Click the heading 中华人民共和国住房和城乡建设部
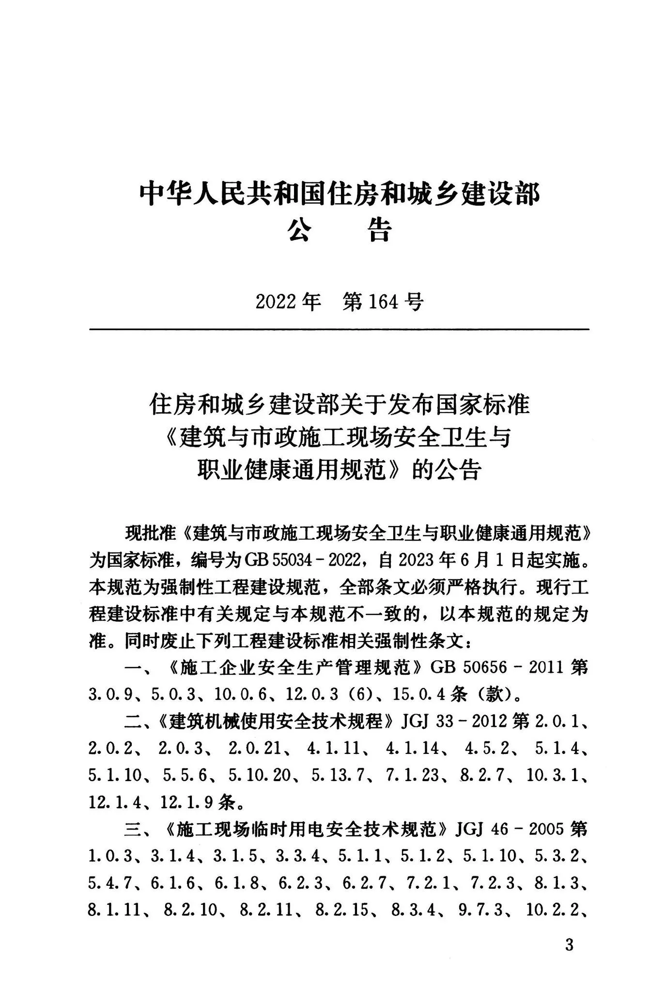(x=339, y=193)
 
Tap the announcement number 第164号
(x=383, y=302)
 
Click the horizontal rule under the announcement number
(x=339, y=330)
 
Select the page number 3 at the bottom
(x=569, y=945)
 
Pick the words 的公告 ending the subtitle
(x=446, y=470)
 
